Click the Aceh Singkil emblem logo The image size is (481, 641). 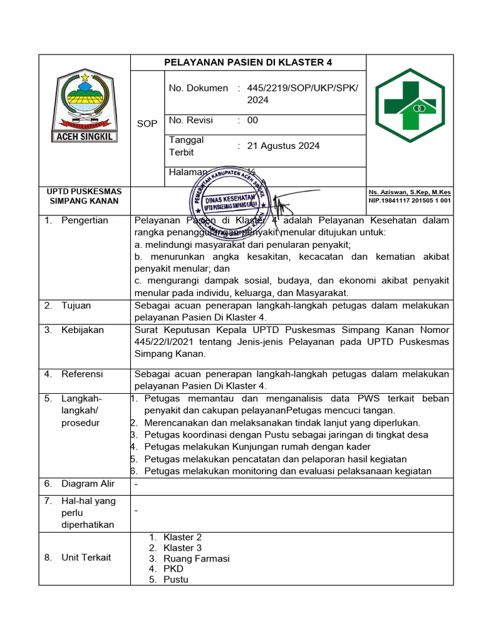coord(84,106)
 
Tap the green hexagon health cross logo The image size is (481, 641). coord(410,107)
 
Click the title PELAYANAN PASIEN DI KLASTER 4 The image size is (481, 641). coord(248,63)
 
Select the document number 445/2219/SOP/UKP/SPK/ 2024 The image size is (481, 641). coord(303,94)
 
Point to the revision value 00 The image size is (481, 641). coord(252,120)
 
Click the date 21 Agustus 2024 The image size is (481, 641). coord(283,146)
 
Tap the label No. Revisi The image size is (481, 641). coord(191,120)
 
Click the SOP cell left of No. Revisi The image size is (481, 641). coord(147,123)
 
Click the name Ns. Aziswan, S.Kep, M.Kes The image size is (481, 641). coord(410,192)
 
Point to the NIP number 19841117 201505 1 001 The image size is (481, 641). coord(410,200)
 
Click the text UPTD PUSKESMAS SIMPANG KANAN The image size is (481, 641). coord(85,196)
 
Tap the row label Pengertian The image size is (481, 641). coord(85,220)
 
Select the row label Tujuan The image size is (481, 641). coord(76,305)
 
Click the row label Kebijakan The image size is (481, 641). coord(82,330)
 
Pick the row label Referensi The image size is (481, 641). coord(82,374)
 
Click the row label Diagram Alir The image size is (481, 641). coord(88,483)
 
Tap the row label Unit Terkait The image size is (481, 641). coord(86,557)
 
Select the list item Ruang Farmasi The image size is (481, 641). coord(196,558)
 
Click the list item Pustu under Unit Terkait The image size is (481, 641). coord(175,580)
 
